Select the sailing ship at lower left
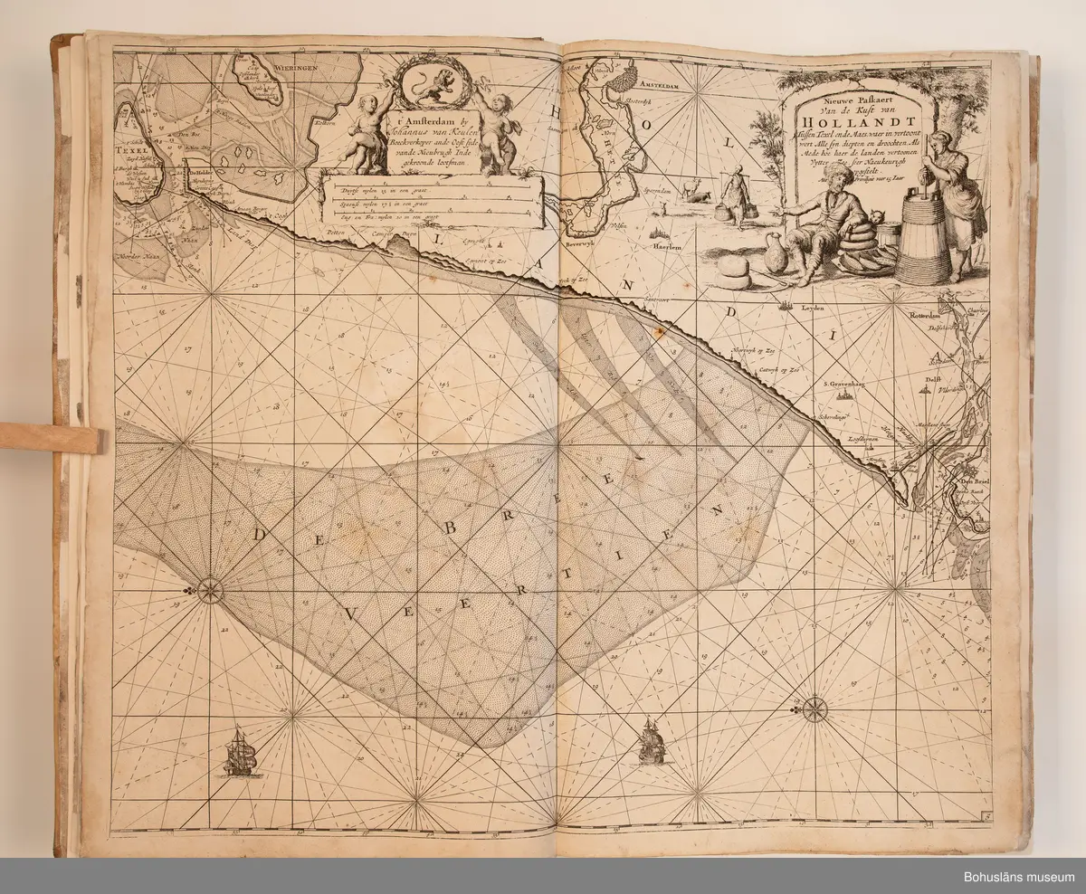point(242,751)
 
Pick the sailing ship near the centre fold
point(652,740)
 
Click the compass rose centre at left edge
point(210,591)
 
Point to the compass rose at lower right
point(814,709)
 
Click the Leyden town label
point(815,309)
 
